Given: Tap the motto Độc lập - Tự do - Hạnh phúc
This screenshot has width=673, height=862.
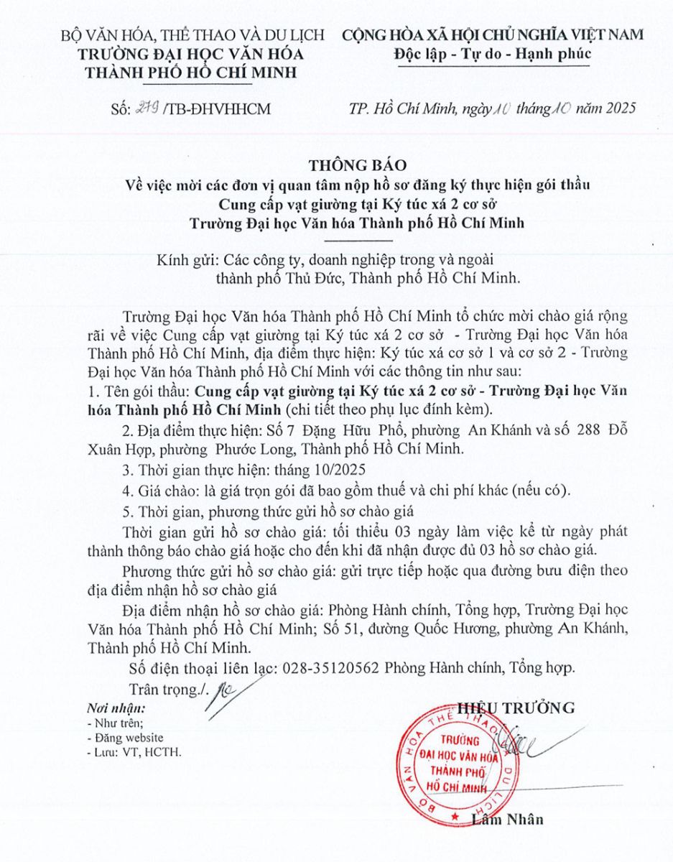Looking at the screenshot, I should (x=492, y=54).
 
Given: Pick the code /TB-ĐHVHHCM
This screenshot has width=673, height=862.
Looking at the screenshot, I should (x=203, y=109).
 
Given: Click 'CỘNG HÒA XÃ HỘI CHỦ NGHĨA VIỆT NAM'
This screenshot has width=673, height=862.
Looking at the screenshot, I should (x=493, y=34).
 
